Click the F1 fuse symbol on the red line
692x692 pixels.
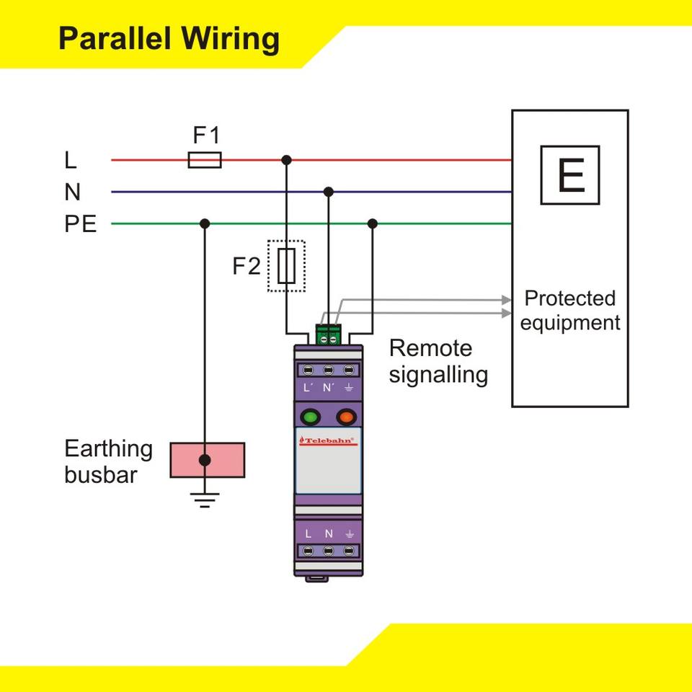[205, 160]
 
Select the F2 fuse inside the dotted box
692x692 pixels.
[286, 266]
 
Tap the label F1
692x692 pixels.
[206, 135]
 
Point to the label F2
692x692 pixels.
[247, 267]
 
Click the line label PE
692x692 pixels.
[80, 224]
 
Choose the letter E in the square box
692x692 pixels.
[570, 175]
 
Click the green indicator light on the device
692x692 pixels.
[310, 417]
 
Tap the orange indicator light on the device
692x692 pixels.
[346, 417]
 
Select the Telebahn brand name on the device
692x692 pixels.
[328, 440]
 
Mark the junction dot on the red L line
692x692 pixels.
[286, 159]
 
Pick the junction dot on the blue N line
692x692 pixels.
[329, 192]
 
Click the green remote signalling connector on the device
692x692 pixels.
[328, 335]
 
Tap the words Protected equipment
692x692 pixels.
[569, 310]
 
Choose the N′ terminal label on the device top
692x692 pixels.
[329, 388]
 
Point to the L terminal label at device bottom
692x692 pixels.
[308, 534]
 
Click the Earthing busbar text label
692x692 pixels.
[108, 461]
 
